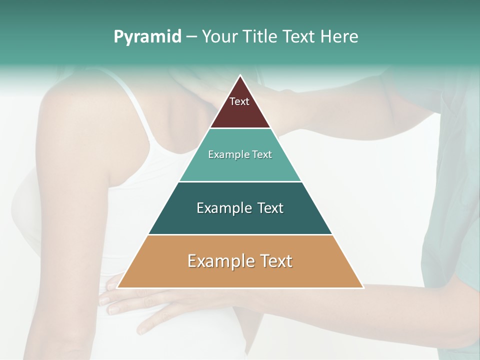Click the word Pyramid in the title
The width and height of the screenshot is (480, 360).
coord(147,37)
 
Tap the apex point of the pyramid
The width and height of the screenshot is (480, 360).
coord(240,75)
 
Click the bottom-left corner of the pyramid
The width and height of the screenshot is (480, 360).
coord(117,287)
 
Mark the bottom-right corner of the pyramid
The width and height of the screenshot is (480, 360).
coord(363,287)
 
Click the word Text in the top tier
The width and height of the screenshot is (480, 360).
coord(239,101)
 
